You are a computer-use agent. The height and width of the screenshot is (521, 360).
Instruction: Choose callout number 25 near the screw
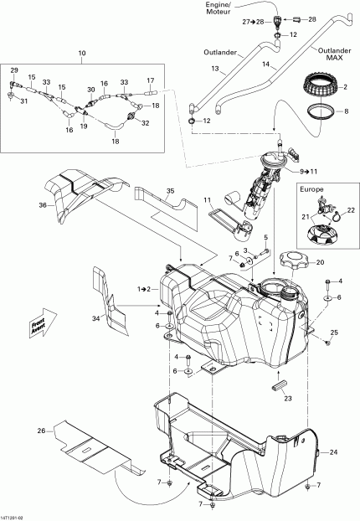pyautogui.click(x=335, y=334)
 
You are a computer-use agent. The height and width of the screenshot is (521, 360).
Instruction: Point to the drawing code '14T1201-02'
pyautogui.click(x=18, y=514)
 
